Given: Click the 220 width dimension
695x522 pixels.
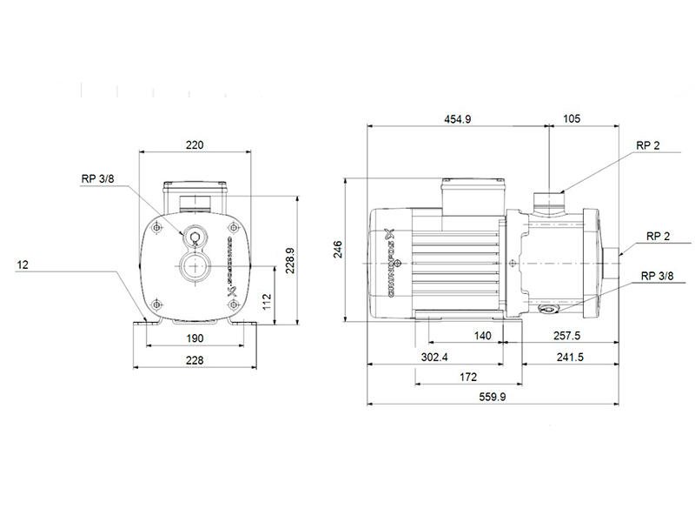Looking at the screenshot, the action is (x=195, y=144).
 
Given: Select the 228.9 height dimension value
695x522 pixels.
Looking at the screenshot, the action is (x=290, y=260).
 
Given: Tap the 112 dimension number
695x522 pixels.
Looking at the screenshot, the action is (x=267, y=302).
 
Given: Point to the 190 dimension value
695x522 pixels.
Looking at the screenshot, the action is (x=195, y=338).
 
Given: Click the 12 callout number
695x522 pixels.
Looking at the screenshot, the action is (x=23, y=265).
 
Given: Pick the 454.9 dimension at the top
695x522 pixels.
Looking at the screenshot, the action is (x=458, y=119).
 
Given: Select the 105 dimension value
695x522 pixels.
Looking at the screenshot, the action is (x=572, y=118).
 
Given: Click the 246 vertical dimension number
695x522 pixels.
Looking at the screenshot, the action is (x=338, y=250).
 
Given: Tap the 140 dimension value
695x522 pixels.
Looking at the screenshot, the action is (x=482, y=336).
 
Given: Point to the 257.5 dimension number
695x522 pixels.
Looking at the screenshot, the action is (x=566, y=336).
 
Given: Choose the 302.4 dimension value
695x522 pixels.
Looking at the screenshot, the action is (x=434, y=357).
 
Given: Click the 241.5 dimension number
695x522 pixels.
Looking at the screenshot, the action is (x=570, y=357).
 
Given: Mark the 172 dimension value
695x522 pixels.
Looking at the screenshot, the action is (x=468, y=377).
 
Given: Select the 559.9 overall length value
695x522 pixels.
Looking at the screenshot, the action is (x=492, y=397).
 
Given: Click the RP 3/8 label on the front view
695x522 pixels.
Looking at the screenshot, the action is (x=97, y=178).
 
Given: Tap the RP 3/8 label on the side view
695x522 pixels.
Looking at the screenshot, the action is (x=657, y=276).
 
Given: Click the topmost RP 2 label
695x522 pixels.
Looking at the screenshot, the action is (x=647, y=145).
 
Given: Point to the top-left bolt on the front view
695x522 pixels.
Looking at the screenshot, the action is (x=156, y=228).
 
